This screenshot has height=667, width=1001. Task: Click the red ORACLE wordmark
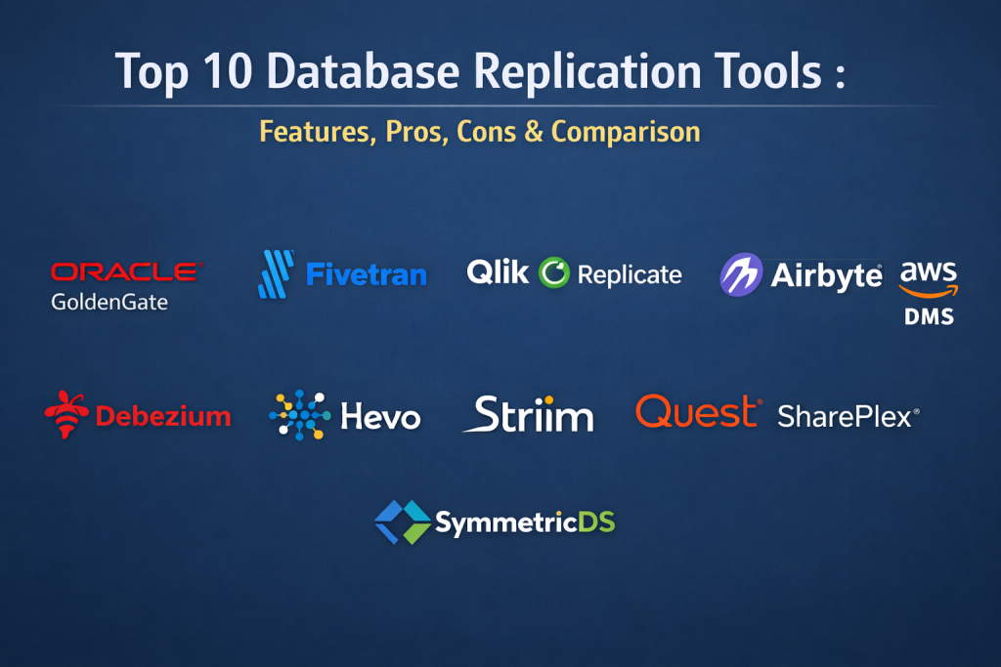click(126, 271)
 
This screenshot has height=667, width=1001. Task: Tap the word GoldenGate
click(109, 302)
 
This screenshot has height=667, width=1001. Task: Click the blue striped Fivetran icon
click(276, 274)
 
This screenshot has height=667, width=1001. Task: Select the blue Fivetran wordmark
click(367, 274)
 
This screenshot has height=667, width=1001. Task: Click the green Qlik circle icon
click(553, 272)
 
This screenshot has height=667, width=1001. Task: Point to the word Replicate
click(630, 274)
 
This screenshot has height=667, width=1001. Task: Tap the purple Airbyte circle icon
click(741, 274)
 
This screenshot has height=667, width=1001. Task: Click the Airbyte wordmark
click(827, 275)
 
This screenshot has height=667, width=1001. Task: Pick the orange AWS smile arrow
click(929, 292)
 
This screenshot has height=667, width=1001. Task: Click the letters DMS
click(929, 316)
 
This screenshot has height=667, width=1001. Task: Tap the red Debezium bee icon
click(66, 414)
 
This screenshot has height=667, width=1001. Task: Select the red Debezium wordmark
click(163, 416)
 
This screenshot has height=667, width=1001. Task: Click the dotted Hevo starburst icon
click(300, 415)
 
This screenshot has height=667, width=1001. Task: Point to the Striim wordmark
click(529, 414)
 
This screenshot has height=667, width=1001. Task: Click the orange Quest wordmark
click(698, 412)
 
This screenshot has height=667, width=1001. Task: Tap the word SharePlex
click(845, 416)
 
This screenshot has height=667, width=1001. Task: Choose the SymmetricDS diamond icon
click(402, 522)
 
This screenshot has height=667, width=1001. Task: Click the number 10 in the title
click(228, 70)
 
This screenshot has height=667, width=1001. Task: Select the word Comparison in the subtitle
click(626, 132)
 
